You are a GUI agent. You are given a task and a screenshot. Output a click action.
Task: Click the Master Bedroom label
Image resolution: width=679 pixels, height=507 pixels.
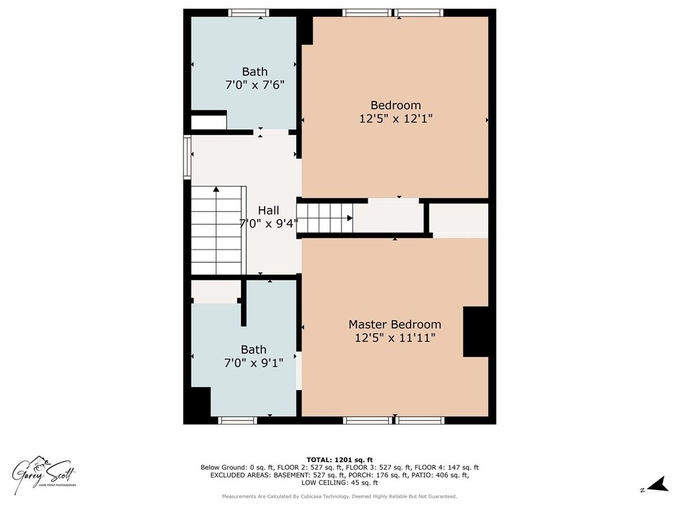(394, 324)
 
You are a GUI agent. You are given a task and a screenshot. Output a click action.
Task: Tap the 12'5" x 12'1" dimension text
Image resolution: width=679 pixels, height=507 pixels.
(396, 118)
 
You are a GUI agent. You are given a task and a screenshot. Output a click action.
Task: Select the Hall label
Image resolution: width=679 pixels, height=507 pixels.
(269, 211)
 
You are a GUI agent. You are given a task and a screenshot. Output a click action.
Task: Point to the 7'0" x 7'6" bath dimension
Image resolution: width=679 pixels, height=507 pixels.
(254, 85)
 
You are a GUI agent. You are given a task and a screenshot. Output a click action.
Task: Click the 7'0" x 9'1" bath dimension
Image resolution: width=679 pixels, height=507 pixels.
(254, 363)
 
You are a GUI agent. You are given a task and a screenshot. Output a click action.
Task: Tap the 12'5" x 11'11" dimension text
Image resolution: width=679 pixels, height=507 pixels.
(395, 338)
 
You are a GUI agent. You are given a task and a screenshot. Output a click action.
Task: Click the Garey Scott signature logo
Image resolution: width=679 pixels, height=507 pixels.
(44, 474)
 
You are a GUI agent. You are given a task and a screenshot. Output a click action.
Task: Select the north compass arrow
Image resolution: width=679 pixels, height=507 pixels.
(658, 484)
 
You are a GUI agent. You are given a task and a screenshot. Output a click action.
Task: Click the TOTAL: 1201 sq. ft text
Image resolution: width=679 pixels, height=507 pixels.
(339, 460)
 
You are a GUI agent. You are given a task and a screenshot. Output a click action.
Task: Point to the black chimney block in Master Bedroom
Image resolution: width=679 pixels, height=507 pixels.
(475, 332)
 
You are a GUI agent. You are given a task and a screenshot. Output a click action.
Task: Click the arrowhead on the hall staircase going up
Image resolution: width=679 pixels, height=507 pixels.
(216, 189)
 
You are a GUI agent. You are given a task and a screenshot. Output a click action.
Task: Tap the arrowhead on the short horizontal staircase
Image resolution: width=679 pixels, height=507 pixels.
(350, 219)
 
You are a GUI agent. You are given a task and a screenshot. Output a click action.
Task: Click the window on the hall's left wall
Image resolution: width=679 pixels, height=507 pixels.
(187, 157)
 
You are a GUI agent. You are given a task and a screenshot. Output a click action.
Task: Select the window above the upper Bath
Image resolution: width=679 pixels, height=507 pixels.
(248, 13)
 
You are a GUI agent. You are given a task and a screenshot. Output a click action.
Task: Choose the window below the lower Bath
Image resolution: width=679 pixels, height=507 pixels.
(237, 420)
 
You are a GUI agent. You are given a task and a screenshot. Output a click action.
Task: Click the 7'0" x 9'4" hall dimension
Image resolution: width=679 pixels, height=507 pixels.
(269, 223)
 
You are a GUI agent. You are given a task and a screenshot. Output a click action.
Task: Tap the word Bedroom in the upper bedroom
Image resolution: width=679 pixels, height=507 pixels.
(396, 105)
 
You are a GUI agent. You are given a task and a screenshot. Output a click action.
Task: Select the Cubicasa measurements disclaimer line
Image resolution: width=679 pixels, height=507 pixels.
(339, 496)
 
